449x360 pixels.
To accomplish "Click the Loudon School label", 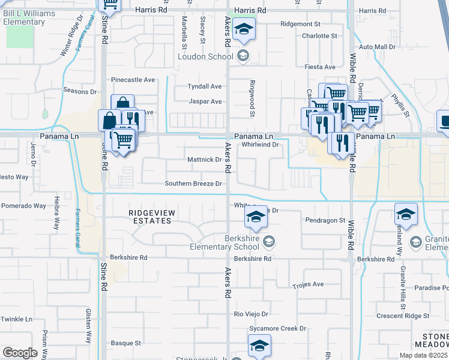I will click(x=205, y=57).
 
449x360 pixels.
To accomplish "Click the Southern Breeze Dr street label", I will click(x=194, y=184).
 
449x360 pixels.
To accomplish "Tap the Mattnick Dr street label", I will click(x=205, y=160).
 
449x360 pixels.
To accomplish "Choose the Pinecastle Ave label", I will click(x=133, y=79).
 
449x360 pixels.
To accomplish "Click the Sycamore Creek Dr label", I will click(x=278, y=328).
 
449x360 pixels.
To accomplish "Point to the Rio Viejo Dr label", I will click(x=251, y=314).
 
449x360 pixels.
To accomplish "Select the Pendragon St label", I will click(x=325, y=220).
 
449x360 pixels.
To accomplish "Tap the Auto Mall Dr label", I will click(x=377, y=46).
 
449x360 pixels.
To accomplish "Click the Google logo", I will click(x=20, y=352).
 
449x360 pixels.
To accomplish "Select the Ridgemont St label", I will click(x=301, y=24).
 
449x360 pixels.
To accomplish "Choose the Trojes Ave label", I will click(x=309, y=284).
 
